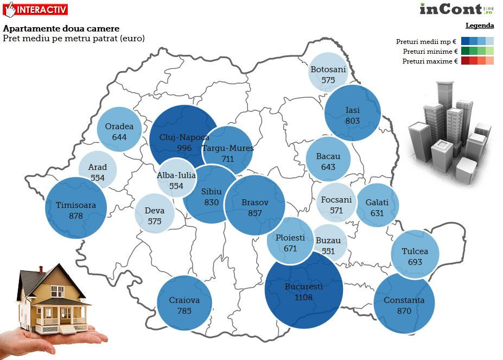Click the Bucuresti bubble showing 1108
click(304, 290)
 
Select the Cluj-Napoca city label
click(184, 137)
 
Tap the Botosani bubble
click(328, 72)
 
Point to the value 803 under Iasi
click(352, 121)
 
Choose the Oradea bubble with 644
click(119, 132)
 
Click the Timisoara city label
click(75, 205)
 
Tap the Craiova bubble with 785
click(184, 304)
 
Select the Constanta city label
click(404, 300)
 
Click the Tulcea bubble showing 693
click(415, 256)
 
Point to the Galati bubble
click(377, 206)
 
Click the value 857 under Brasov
click(254, 213)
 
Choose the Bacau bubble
click(328, 160)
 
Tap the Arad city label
click(98, 167)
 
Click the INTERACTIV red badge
click(36, 9)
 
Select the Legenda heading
click(480, 26)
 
